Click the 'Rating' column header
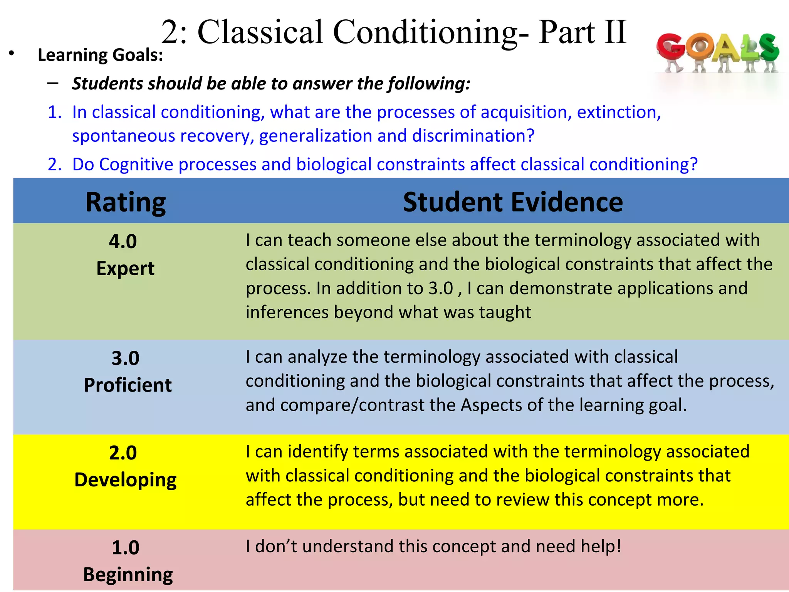(126, 202)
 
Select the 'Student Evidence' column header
(513, 202)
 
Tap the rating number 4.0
(123, 242)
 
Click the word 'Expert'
(125, 268)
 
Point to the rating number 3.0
(125, 358)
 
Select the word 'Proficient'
(128, 385)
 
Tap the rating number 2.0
(123, 452)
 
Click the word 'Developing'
(125, 480)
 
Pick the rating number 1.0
(125, 547)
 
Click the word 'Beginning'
(128, 575)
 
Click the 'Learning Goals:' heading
(100, 55)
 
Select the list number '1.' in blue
(55, 112)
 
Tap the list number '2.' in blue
(55, 165)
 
